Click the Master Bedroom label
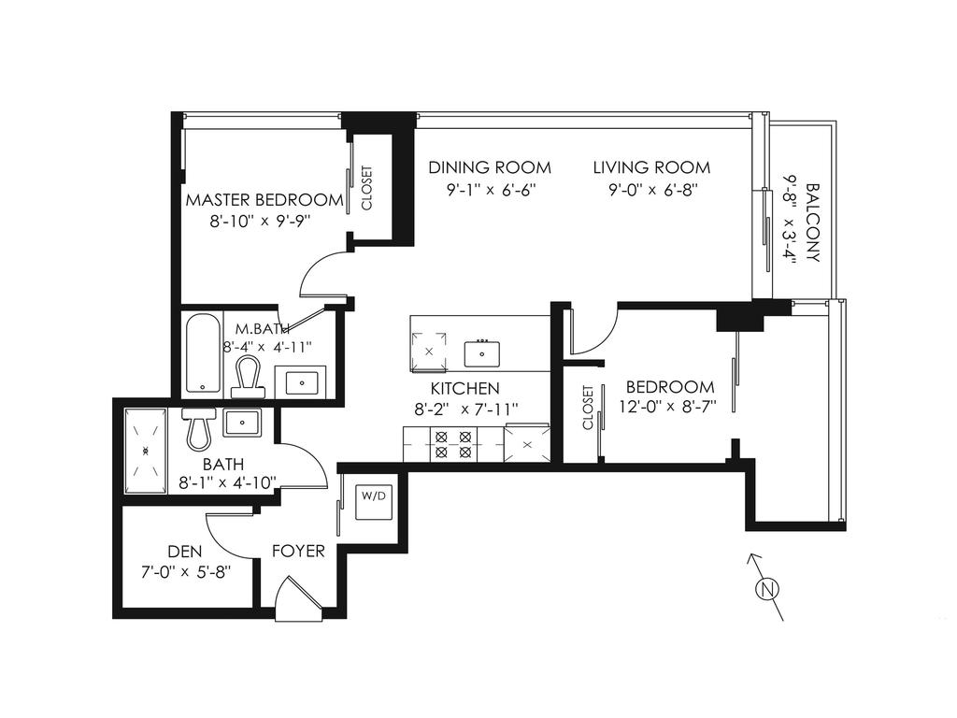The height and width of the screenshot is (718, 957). pos(264,199)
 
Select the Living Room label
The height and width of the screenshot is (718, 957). pos(651,168)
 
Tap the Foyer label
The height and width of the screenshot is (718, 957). pos(298,551)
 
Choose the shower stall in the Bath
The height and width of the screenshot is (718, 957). pos(146,450)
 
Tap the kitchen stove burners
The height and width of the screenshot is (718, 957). pos(453,443)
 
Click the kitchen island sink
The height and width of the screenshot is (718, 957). pos(482,354)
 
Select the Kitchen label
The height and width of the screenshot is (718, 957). pos(464,388)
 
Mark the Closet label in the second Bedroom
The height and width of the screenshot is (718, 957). pos(588,409)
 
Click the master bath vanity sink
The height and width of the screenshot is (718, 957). pos(300,381)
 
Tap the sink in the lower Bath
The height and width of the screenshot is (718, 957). pos(241,424)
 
